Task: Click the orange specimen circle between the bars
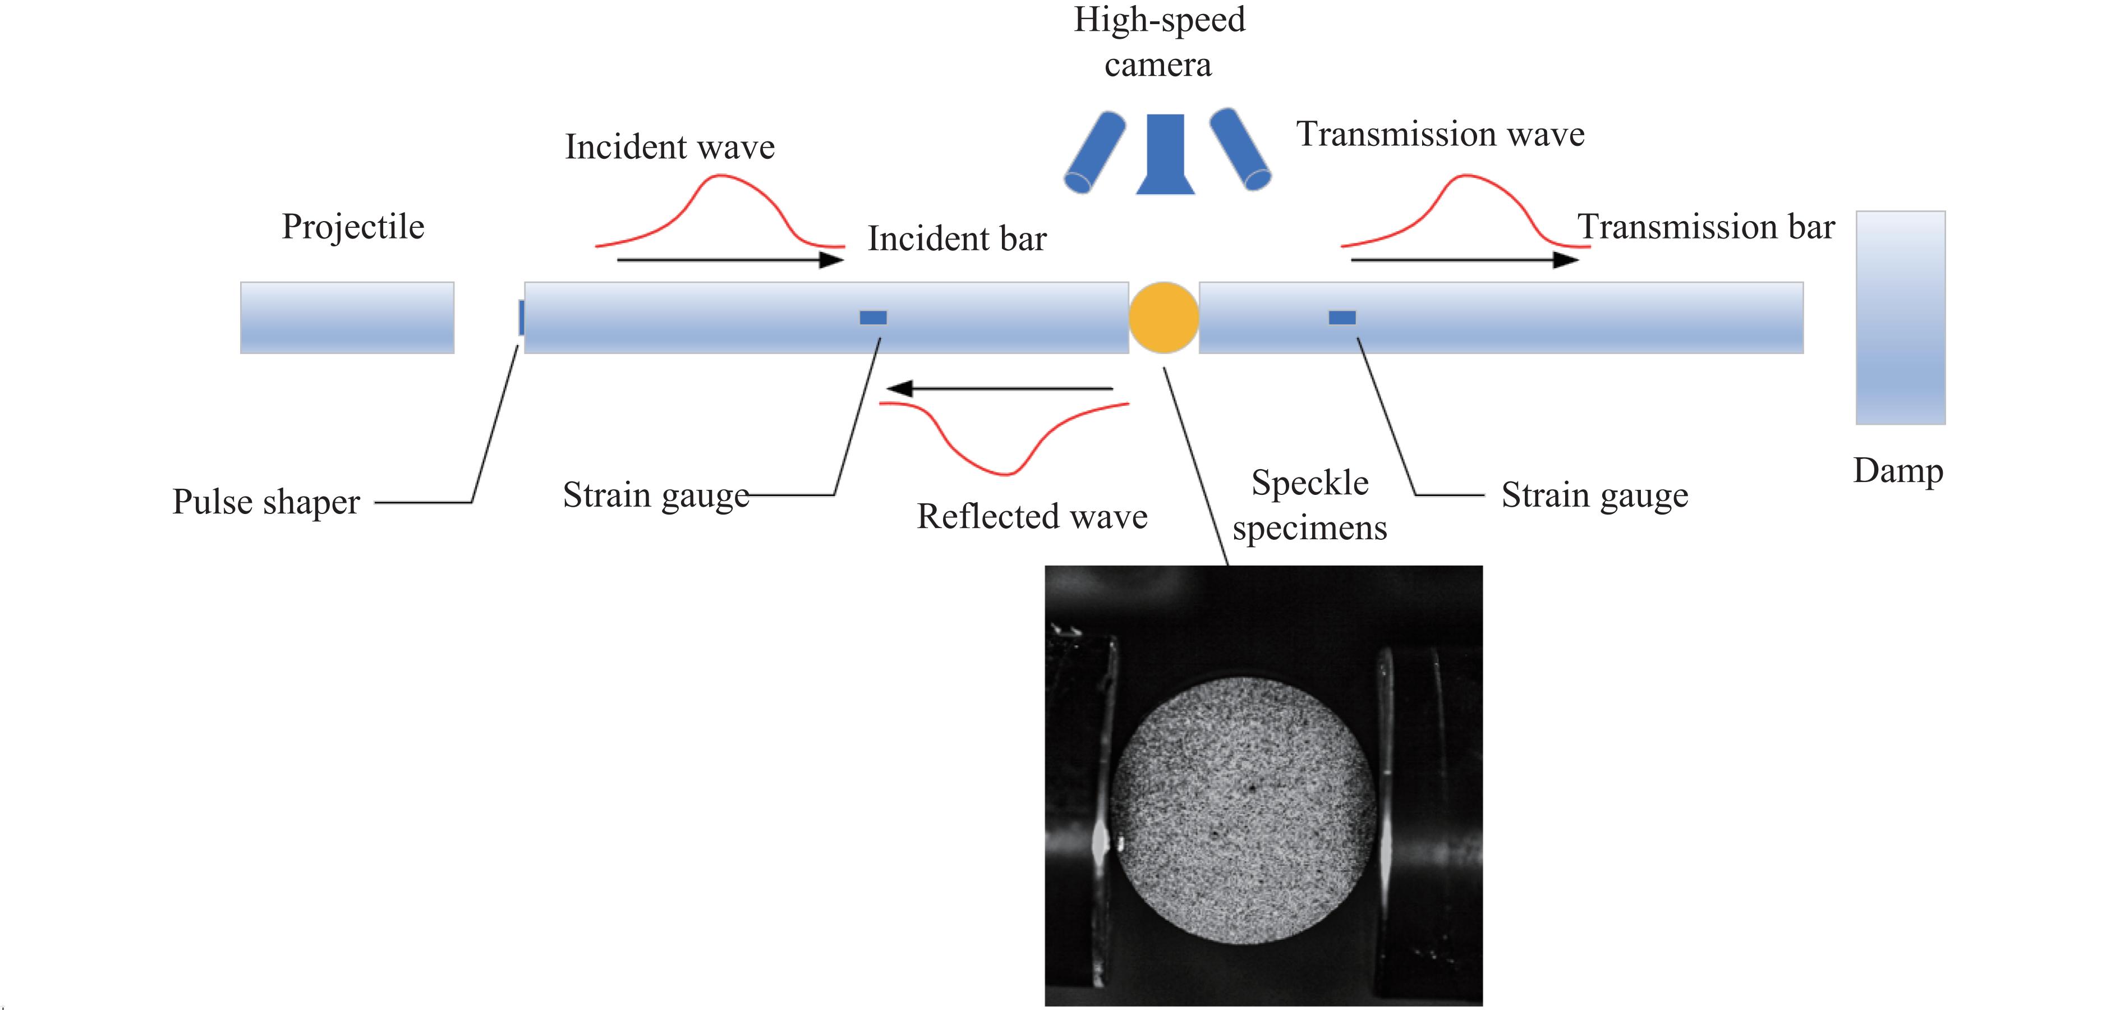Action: (x=1163, y=318)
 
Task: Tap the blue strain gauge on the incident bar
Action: (x=872, y=318)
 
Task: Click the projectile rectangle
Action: (x=347, y=318)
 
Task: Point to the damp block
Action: (x=1900, y=318)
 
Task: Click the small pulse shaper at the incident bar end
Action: (x=521, y=318)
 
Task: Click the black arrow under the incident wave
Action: (x=729, y=260)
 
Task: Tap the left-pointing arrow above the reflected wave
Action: (x=999, y=388)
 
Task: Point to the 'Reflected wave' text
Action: (x=1032, y=517)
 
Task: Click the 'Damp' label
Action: (x=1898, y=471)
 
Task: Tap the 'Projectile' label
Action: (x=353, y=226)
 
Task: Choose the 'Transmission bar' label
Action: (x=1705, y=227)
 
